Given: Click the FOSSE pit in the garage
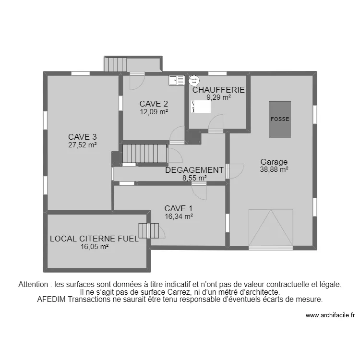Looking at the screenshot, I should click(x=280, y=120).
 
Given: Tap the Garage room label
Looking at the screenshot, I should click(x=274, y=162).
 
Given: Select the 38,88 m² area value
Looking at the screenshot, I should click(x=274, y=169).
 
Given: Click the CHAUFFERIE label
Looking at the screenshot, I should click(x=218, y=90).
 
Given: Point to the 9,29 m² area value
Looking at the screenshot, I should click(x=218, y=97).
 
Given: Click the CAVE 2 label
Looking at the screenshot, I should click(x=154, y=104).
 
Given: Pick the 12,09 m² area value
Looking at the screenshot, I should click(x=154, y=112).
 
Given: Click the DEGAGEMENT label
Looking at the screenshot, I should click(x=194, y=170).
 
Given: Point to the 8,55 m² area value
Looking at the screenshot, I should click(x=194, y=178).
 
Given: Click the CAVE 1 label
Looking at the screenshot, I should click(x=179, y=208).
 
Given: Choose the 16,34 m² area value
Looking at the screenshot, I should click(x=179, y=216).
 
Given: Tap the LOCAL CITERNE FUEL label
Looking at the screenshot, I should click(x=94, y=239).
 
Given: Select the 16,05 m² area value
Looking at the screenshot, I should click(x=94, y=247).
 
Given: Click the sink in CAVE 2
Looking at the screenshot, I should click(x=176, y=80).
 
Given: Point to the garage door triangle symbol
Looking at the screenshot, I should click(x=271, y=228).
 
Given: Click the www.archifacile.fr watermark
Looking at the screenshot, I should click(x=330, y=315).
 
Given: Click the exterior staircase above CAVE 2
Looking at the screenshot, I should click(x=116, y=64).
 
